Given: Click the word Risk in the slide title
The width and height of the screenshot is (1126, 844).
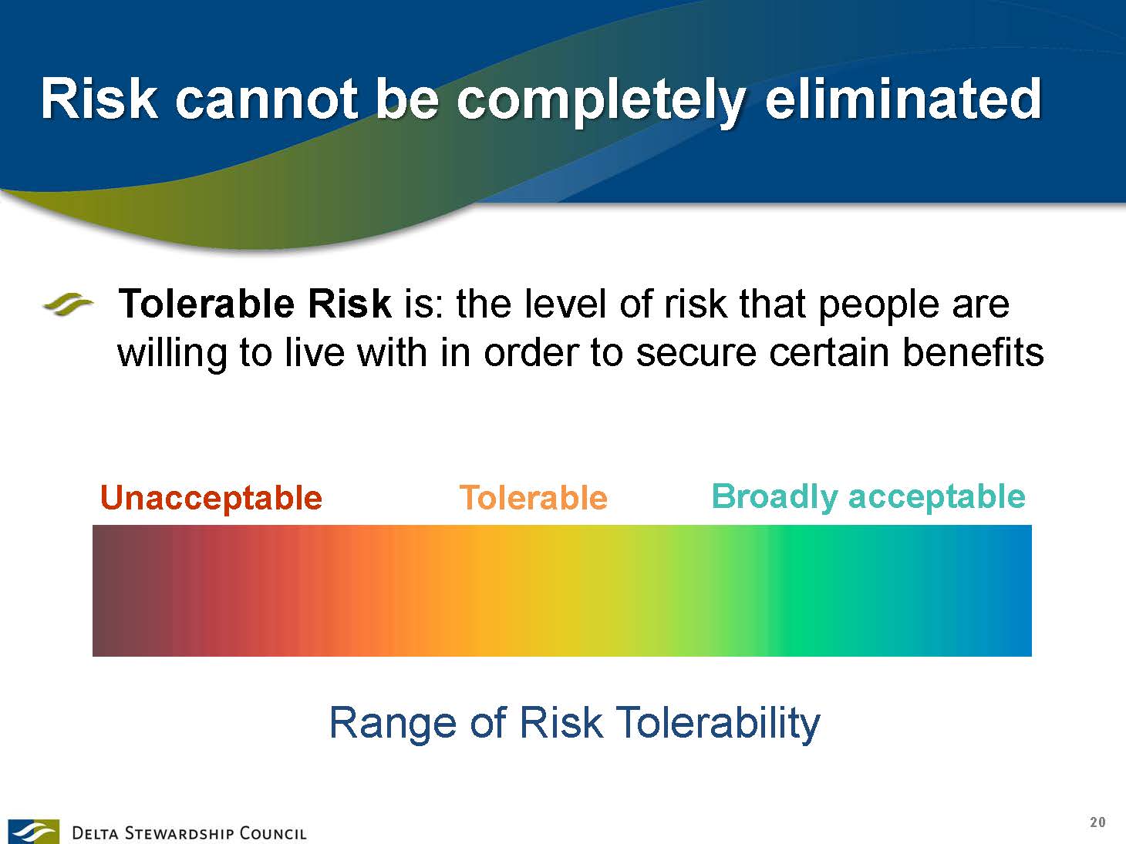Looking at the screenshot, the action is (x=99, y=99).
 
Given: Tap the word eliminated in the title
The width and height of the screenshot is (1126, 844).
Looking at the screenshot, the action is (x=903, y=99).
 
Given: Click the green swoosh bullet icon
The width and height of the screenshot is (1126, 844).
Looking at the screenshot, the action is (x=68, y=304).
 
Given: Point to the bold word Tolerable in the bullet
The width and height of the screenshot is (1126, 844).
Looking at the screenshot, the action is (x=206, y=304).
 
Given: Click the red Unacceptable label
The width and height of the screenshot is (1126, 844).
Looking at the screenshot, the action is (x=211, y=499).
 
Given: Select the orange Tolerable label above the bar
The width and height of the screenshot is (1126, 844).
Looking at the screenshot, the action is (x=533, y=497).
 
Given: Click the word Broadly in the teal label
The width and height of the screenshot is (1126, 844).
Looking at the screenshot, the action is (x=774, y=498).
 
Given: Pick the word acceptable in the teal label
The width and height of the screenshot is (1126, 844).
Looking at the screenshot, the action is (x=937, y=498).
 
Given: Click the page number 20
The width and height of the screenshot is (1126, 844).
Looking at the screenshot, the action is (x=1097, y=822).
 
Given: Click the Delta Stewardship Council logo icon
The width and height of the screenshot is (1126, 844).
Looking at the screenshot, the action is (x=33, y=832).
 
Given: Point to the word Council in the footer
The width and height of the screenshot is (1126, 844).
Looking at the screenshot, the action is (x=273, y=833).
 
